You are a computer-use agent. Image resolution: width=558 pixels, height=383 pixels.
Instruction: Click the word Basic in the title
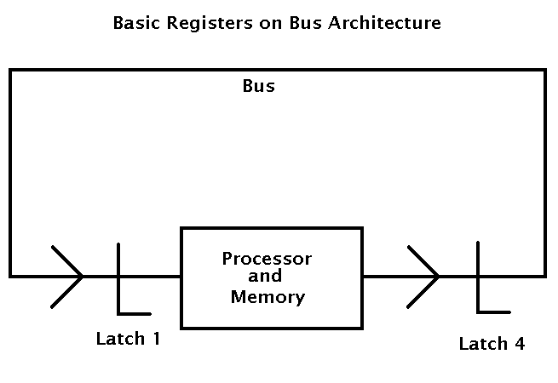click(x=134, y=24)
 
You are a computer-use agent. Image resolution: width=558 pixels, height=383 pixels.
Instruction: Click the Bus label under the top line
click(x=259, y=87)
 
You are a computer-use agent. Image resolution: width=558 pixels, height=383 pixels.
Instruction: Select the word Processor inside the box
click(x=267, y=259)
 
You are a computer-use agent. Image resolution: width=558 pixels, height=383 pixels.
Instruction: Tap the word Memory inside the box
click(x=267, y=297)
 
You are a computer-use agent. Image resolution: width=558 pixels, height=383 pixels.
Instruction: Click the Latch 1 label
click(x=128, y=339)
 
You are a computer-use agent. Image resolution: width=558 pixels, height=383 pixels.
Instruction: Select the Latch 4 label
click(x=492, y=344)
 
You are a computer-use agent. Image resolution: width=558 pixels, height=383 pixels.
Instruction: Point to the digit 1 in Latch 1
click(x=156, y=339)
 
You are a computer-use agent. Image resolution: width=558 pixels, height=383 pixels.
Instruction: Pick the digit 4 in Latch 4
click(x=520, y=344)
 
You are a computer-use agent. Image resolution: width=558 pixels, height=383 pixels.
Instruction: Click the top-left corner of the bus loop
click(x=10, y=70)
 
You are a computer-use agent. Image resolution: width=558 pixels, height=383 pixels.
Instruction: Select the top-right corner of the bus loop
click(x=544, y=70)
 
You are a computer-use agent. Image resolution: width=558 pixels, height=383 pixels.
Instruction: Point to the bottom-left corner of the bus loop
click(x=10, y=276)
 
